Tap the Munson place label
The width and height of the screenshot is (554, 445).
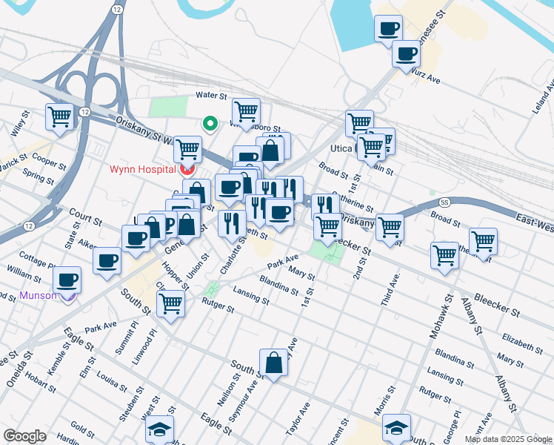pos(38,295)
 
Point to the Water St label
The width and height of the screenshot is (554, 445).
pos(210,96)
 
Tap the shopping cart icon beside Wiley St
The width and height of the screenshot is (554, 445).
pos(59,116)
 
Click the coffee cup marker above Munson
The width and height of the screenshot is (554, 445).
pos(67,280)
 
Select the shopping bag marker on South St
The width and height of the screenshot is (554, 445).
pos(273,363)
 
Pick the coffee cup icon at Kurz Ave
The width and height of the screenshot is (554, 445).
pos(406,53)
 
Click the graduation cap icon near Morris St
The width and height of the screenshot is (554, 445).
pos(396,427)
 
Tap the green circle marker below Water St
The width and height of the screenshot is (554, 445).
pos(210,124)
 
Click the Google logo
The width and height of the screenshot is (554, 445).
pos(24,436)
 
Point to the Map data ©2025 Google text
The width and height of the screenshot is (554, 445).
pos(508,439)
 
